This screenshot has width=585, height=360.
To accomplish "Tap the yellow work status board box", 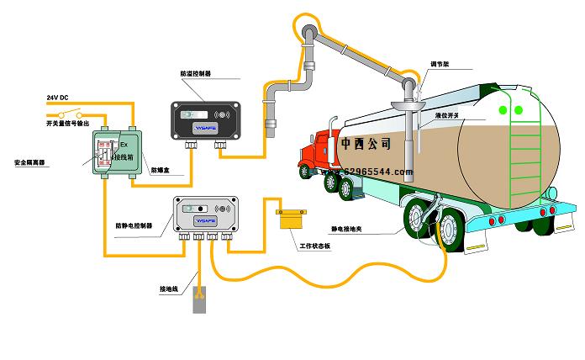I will click(292, 219).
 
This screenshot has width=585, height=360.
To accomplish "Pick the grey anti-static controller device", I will click(206, 214).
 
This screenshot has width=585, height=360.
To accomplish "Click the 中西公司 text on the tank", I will click(366, 143).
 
